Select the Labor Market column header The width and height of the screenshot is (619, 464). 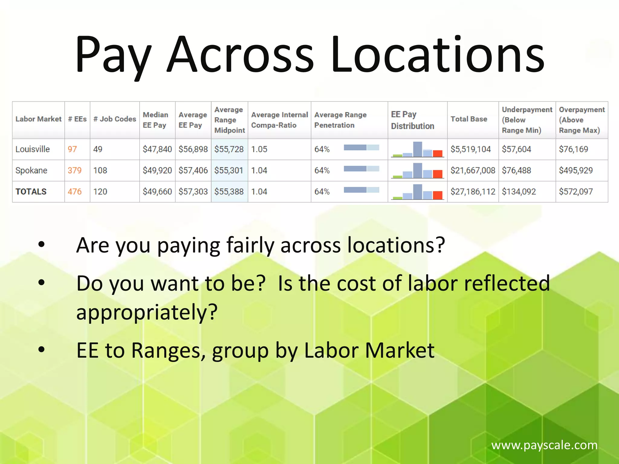tap(38, 119)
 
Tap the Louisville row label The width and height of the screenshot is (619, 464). tap(33, 149)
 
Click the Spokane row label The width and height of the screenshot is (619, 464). tap(31, 170)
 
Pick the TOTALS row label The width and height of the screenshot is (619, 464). tap(31, 192)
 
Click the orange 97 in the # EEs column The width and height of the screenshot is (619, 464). tap(72, 149)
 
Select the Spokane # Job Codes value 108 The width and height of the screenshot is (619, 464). tap(100, 170)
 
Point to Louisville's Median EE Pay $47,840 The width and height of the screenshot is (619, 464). tap(157, 149)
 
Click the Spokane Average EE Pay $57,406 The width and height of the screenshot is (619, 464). tap(193, 170)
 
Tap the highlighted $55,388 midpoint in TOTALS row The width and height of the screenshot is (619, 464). tap(229, 192)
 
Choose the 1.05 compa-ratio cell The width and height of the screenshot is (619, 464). tap(259, 149)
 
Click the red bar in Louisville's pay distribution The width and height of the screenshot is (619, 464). tap(438, 153)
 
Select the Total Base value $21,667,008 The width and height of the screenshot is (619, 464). tap(473, 170)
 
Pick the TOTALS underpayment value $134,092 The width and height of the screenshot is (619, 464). tap(519, 192)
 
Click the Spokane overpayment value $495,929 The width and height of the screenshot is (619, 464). tap(576, 170)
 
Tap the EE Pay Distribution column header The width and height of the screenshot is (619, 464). tap(413, 120)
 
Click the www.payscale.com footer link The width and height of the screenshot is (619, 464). tap(544, 445)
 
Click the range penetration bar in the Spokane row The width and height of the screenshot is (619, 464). tap(361, 169)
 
